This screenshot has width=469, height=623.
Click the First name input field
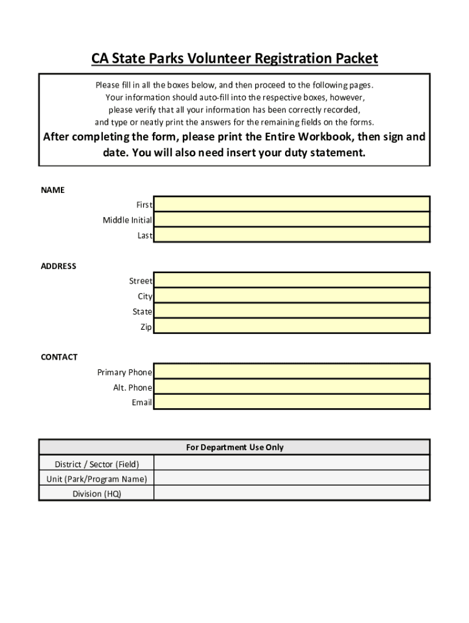pos(292,204)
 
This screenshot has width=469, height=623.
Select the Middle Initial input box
pos(292,219)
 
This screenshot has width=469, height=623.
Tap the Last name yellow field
pos(292,235)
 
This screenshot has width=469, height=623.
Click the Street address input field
pos(292,280)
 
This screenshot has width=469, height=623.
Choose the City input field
pos(292,296)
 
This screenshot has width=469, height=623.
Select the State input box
pos(292,311)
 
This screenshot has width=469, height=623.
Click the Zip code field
pos(292,326)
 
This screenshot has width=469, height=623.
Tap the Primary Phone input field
pos(292,372)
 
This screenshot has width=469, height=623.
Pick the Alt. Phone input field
pos(292,387)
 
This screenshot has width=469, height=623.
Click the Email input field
pos(292,402)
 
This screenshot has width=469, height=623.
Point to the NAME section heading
pos(52,190)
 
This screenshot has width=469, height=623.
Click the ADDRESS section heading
pos(58,266)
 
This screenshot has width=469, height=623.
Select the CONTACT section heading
pos(59,357)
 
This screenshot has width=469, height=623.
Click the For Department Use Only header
pos(234,447)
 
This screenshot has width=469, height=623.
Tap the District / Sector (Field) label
pos(97,464)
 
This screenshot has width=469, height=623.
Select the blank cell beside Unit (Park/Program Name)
pos(292,479)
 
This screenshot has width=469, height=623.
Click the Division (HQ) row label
pos(97,493)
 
